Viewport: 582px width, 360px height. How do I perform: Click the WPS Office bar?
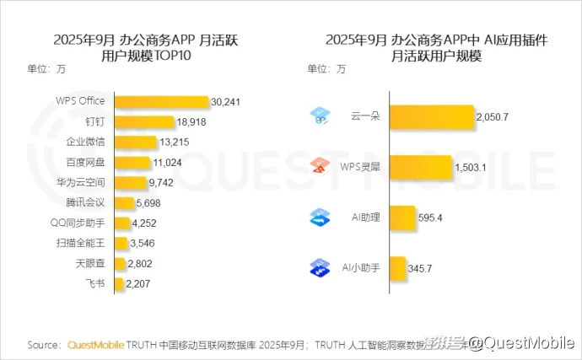click(x=160, y=102)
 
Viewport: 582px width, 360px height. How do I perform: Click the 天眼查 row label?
click(x=90, y=264)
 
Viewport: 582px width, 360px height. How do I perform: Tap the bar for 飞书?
click(x=118, y=284)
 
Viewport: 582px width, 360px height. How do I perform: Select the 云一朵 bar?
click(x=431, y=117)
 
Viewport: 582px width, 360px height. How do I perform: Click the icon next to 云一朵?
click(x=320, y=116)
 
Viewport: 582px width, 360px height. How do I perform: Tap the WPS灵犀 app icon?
click(x=320, y=166)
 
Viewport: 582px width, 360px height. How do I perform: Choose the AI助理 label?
click(x=366, y=218)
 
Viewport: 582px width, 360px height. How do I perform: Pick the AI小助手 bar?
click(x=398, y=267)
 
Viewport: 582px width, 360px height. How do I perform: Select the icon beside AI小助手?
click(x=320, y=267)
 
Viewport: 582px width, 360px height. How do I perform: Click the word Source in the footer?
click(x=43, y=344)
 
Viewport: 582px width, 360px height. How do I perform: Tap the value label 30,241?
click(x=227, y=102)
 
